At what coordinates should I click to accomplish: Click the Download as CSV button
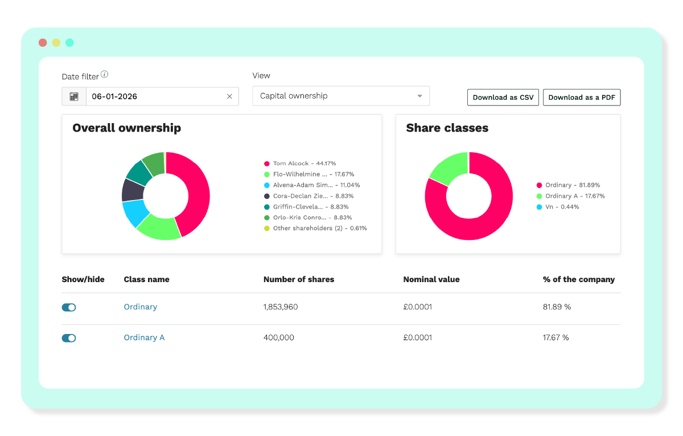503,97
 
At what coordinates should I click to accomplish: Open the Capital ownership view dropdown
341,96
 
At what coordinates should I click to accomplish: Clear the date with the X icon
229,96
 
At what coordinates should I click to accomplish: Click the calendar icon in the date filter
74,96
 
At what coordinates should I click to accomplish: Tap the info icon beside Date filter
105,75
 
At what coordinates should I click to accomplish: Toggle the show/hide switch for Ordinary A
69,338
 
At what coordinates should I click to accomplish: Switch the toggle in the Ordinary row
69,307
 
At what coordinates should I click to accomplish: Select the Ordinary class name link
141,307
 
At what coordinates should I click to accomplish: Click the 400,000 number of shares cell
279,337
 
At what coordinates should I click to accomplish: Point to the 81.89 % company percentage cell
557,307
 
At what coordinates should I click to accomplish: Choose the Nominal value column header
431,279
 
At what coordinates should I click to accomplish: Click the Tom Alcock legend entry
300,164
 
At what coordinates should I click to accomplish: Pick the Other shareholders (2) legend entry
315,228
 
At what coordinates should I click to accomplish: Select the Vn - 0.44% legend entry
558,207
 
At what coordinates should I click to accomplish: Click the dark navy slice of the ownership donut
133,190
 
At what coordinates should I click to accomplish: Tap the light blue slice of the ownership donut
135,213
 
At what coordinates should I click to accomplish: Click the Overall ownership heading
126,128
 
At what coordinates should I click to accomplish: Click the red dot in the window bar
43,43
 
